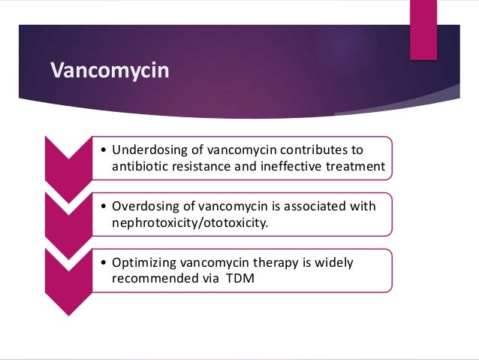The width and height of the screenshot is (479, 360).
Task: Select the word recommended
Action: pyautogui.click(x=152, y=278)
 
